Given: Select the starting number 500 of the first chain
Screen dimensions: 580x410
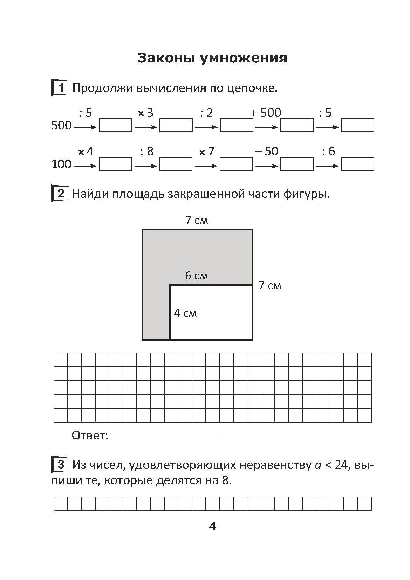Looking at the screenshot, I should pos(61,126).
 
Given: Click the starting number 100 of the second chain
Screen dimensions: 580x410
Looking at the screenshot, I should pos(61,164).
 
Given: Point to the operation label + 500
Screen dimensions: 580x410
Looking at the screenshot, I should pos(266,113).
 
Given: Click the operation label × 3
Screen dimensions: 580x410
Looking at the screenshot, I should pos(146,113).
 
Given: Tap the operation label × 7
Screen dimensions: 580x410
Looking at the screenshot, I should pos(206,151).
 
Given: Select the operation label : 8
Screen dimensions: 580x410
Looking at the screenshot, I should pos(147,151).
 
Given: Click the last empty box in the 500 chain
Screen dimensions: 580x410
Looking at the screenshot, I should pos(357,126).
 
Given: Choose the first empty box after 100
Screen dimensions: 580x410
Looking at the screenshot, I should pos(115,164).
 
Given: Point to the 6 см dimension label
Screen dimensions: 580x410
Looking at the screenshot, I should pos(196,276).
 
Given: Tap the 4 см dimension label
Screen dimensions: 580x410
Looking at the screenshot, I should pos(185,313).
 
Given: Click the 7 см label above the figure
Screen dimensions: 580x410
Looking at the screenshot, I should pos(197,221).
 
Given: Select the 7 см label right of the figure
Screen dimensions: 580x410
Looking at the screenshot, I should pos(270,286).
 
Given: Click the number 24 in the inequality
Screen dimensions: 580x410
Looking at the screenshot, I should pos(341,465).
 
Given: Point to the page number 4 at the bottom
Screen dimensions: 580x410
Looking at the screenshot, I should pos(212,526).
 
